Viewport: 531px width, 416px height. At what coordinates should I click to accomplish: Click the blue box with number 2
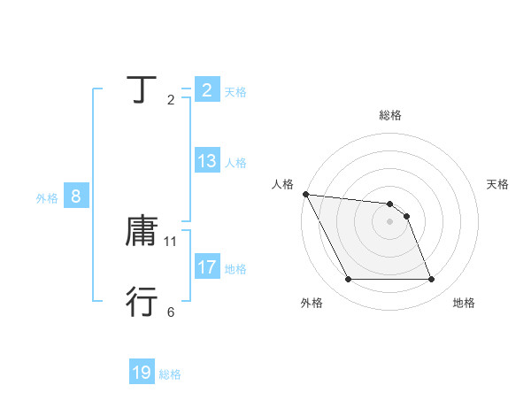pos(206,89)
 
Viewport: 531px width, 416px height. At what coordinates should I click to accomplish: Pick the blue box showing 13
pos(206,161)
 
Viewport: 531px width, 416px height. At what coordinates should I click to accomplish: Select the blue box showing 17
pos(206,266)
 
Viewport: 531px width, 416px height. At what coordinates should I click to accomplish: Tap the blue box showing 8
pos(76,196)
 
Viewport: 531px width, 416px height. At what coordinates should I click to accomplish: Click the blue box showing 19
pos(142,373)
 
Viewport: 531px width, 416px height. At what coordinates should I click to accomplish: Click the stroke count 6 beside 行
pos(171,312)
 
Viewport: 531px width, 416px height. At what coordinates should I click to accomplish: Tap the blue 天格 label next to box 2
pos(235,92)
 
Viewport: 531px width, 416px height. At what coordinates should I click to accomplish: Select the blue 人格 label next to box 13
pos(235,163)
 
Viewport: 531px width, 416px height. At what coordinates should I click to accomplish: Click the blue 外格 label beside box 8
pos(47,199)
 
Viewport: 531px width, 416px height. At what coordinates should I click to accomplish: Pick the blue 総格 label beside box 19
pos(170,375)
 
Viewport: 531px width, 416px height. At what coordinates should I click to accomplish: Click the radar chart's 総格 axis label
pos(389,115)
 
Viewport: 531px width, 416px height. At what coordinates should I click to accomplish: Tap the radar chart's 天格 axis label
pos(498,184)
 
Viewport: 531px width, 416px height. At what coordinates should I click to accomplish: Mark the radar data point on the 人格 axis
pos(305,194)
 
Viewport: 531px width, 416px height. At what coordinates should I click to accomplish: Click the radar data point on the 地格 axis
pos(432,280)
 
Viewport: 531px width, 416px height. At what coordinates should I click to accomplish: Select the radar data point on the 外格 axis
pos(348,280)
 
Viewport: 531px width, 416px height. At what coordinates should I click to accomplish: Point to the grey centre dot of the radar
pos(389,221)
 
